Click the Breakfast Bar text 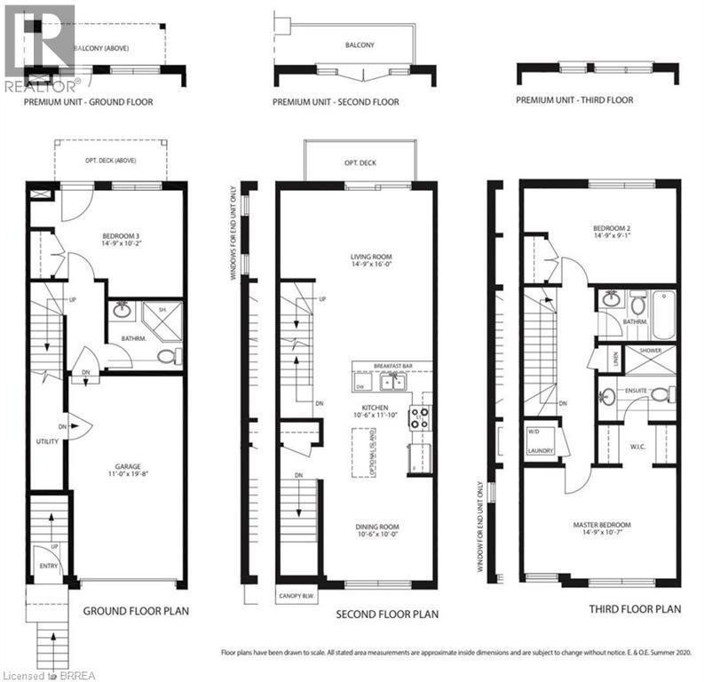coord(392,365)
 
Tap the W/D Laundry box coord(541,442)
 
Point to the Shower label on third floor coord(650,352)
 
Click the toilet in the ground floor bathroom coord(167,356)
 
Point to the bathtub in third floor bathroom coord(663,316)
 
